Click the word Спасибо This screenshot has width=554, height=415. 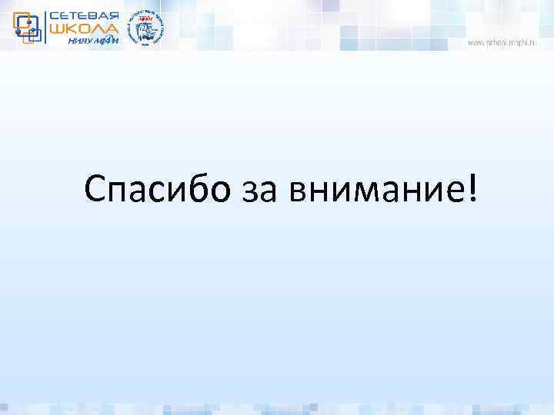coord(158,189)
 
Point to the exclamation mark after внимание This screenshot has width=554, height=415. coord(470,188)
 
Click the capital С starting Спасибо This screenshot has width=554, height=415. coord(96,188)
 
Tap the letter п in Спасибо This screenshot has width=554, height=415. coord(121,191)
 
